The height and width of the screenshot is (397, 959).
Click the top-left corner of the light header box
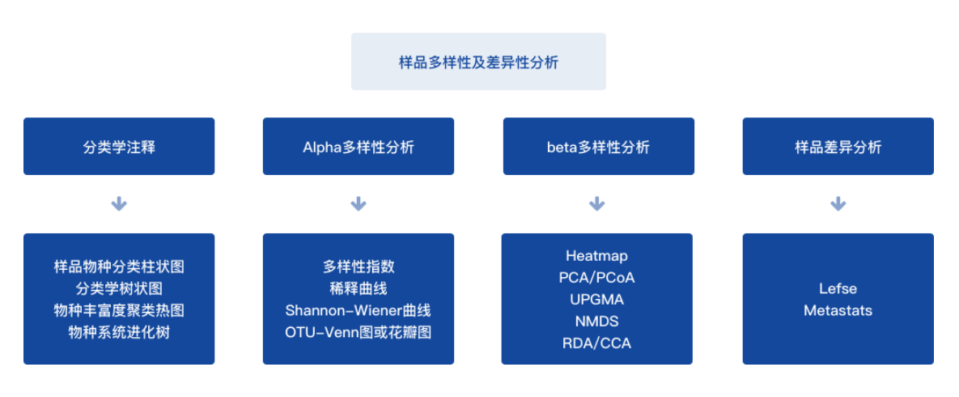pyautogui.click(x=351, y=33)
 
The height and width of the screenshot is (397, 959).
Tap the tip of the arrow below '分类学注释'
pyautogui.click(x=119, y=211)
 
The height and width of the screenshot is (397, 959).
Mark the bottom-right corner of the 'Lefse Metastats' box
pyautogui.click(x=934, y=365)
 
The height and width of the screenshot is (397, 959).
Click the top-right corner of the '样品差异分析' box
pyautogui.click(x=934, y=117)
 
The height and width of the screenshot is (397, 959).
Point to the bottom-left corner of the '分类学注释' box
pyautogui.click(x=23, y=175)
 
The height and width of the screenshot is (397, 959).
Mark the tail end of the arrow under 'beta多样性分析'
pyautogui.click(x=597, y=197)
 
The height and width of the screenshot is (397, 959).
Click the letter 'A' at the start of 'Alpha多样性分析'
pyautogui.click(x=307, y=147)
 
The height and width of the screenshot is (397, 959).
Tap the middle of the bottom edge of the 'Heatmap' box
pyautogui.click(x=597, y=365)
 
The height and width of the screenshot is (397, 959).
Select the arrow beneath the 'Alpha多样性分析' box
pyautogui.click(x=359, y=204)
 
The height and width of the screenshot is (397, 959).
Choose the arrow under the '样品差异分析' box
pyautogui.click(x=838, y=204)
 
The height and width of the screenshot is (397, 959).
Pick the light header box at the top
pyautogui.click(x=478, y=62)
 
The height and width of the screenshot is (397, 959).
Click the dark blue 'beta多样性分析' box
pyautogui.click(x=599, y=147)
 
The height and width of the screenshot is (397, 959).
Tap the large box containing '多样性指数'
pyautogui.click(x=359, y=299)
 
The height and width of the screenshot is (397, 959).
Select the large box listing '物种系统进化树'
pyautogui.click(x=119, y=299)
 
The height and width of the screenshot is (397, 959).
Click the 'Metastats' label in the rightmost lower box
pyautogui.click(x=838, y=310)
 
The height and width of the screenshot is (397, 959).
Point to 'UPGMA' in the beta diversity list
pyautogui.click(x=597, y=300)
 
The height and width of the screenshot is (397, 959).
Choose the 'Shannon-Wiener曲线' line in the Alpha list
pyautogui.click(x=359, y=310)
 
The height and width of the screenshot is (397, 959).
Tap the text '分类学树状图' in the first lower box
pyautogui.click(x=119, y=288)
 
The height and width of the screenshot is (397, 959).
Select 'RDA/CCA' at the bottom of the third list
pyautogui.click(x=597, y=343)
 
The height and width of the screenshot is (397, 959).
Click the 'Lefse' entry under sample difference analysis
pyautogui.click(x=838, y=288)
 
